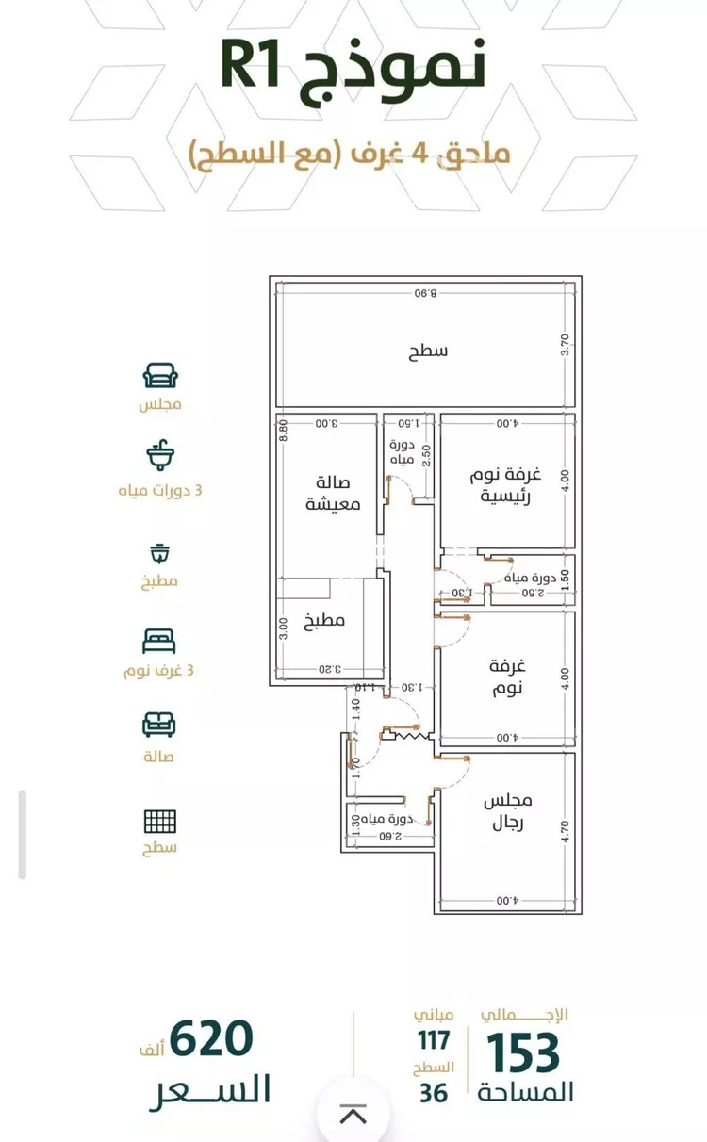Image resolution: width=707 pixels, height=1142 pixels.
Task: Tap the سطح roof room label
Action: click(x=428, y=351)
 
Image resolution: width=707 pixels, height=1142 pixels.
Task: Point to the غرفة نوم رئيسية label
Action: click(x=505, y=485)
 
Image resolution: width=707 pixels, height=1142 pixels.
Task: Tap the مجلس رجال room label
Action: click(x=507, y=811)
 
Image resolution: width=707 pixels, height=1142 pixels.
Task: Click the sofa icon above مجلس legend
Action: click(x=160, y=377)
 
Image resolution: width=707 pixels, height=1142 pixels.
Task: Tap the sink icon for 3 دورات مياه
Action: click(x=160, y=456)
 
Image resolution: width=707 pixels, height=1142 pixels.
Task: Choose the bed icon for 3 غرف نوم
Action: click(x=159, y=642)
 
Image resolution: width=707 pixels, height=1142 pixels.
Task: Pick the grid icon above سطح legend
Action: click(x=159, y=821)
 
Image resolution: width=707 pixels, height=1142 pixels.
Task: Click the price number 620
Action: click(x=211, y=1039)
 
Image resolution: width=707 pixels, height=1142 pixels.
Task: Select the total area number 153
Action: click(x=523, y=1052)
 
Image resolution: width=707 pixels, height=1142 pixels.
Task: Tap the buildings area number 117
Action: click(x=434, y=1040)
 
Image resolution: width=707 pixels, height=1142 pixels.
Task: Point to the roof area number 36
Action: click(x=434, y=1093)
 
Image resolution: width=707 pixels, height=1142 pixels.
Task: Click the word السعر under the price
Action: click(x=210, y=1090)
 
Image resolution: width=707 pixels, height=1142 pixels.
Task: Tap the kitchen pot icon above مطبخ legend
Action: click(x=159, y=552)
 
